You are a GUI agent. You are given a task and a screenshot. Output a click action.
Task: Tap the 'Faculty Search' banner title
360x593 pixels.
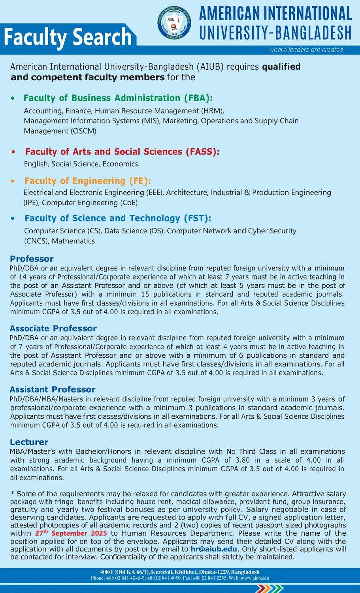(68, 37)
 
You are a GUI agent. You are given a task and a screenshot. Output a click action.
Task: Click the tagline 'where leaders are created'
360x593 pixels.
(306, 50)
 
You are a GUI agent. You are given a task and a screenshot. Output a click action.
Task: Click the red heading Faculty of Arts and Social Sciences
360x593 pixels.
(122, 152)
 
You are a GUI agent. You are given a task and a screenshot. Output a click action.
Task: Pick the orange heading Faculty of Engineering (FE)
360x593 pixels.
(88, 181)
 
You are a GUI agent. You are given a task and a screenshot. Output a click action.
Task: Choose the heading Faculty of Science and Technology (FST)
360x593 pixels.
(118, 218)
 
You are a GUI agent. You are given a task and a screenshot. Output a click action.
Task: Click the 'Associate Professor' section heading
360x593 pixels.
(53, 329)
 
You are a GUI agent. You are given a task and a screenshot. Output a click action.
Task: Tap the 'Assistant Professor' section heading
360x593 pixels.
(53, 389)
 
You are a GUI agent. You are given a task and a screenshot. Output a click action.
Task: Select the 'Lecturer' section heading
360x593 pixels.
(29, 442)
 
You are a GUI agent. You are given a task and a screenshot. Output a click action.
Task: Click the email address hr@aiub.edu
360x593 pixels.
(214, 549)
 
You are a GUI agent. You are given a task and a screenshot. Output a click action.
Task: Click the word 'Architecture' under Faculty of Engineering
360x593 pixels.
(187, 193)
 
